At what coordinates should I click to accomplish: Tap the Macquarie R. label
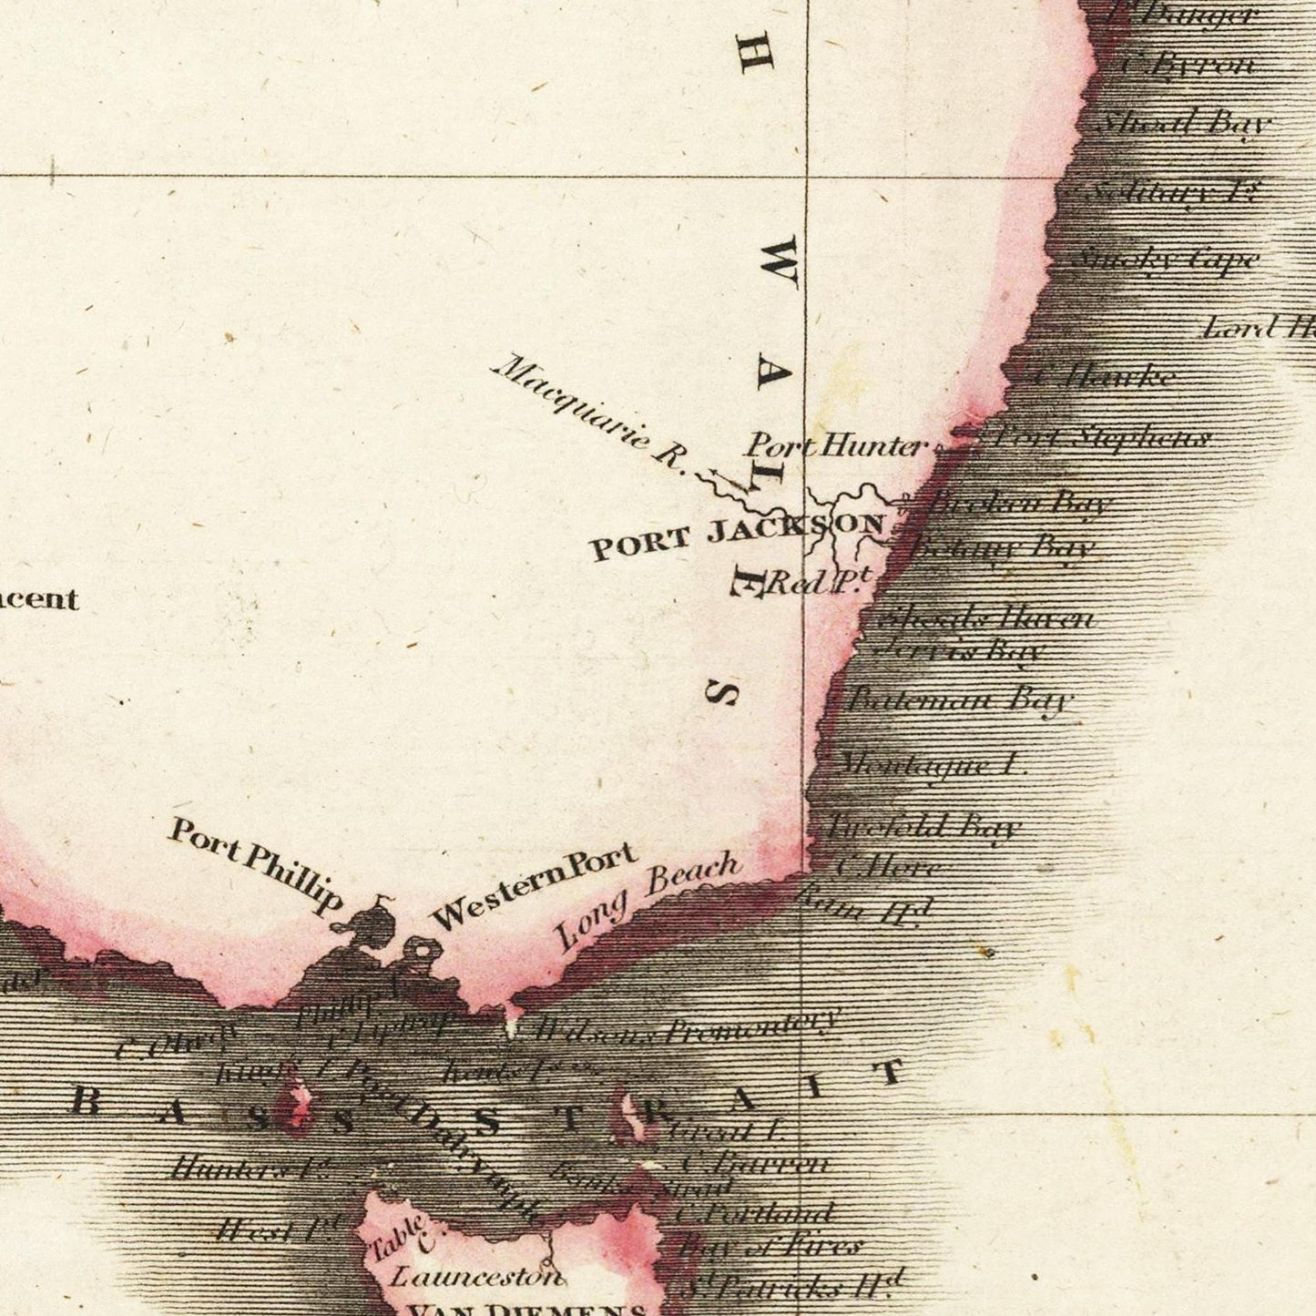[588, 414]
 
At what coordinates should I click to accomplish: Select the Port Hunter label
[835, 445]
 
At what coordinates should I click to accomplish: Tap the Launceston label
[477, 1276]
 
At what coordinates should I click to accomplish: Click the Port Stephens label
[1102, 438]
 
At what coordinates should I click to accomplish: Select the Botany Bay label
[1002, 548]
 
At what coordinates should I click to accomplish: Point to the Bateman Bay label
[961, 699]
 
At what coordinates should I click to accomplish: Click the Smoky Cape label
[1166, 260]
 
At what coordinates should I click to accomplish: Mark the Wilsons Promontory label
[683, 1027]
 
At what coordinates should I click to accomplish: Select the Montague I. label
[929, 763]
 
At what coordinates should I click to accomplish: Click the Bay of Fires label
[770, 1245]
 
